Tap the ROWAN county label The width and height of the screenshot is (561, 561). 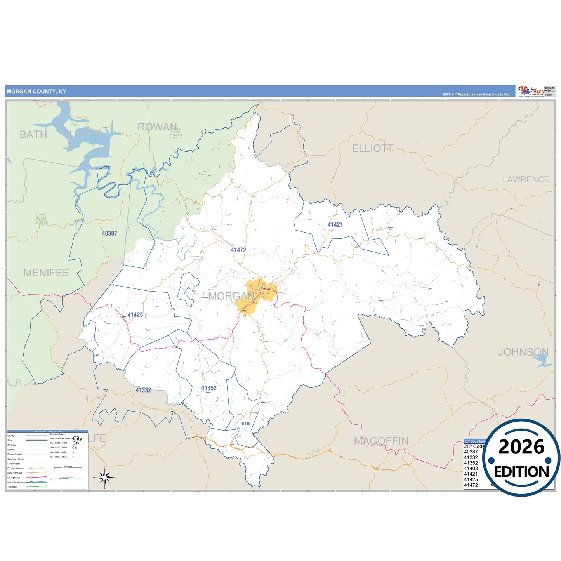pyautogui.click(x=157, y=127)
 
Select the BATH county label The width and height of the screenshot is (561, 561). pyautogui.click(x=33, y=135)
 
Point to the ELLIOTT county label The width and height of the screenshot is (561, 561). pyautogui.click(x=372, y=148)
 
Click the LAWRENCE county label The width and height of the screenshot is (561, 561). pyautogui.click(x=526, y=179)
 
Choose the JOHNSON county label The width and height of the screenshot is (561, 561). pyautogui.click(x=523, y=352)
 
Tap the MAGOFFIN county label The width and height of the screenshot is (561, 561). pyautogui.click(x=381, y=441)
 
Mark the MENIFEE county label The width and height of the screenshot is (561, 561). pyautogui.click(x=46, y=273)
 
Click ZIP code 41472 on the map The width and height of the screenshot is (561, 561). pyautogui.click(x=238, y=250)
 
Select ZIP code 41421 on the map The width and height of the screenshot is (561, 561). pyautogui.click(x=335, y=225)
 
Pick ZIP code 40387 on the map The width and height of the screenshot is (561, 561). pyautogui.click(x=109, y=233)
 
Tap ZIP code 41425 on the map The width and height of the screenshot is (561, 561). pyautogui.click(x=135, y=315)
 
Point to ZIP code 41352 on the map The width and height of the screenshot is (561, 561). pyautogui.click(x=209, y=388)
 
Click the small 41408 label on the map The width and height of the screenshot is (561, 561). pyautogui.click(x=245, y=424)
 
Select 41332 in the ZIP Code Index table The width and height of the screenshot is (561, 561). pyautogui.click(x=471, y=457)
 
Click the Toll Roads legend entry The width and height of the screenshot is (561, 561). pyautogui.click(x=12, y=487)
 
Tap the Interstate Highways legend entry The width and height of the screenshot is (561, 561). pyautogui.click(x=16, y=482)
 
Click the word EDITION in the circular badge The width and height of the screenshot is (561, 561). pyautogui.click(x=521, y=472)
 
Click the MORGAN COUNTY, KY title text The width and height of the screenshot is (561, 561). pyautogui.click(x=36, y=92)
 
